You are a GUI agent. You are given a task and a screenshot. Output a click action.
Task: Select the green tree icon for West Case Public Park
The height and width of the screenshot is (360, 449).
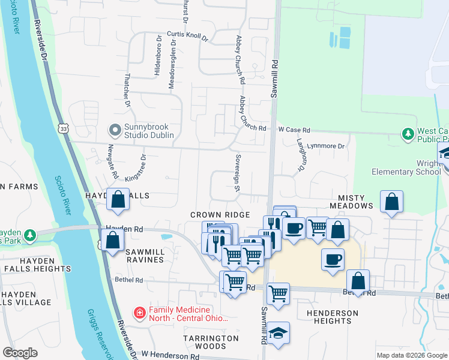[x=408, y=133]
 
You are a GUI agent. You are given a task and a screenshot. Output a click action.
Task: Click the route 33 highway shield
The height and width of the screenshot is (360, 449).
[x=64, y=128]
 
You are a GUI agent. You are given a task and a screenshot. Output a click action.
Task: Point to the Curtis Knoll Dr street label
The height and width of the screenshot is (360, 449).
[x=187, y=36]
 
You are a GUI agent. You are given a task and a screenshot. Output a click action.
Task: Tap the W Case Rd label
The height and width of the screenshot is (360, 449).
[x=294, y=130]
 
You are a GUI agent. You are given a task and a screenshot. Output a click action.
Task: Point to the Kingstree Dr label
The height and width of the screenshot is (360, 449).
[x=136, y=169]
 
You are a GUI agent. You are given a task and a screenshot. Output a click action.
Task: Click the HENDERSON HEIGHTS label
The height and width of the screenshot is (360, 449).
[x=332, y=317]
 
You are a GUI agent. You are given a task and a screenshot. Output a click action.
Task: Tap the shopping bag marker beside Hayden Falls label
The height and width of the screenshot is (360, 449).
[x=118, y=200]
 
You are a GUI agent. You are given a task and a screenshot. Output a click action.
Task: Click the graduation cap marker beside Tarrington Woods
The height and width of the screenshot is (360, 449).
[x=278, y=333]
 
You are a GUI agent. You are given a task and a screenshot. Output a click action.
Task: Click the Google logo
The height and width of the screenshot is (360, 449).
[x=20, y=353]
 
